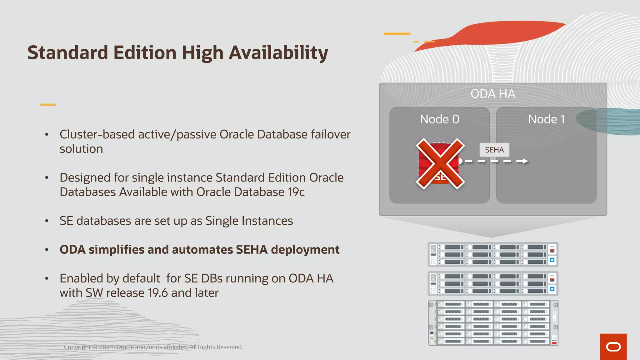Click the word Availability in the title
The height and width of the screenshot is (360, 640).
tap(278, 53)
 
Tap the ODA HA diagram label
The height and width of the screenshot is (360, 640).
tap(493, 94)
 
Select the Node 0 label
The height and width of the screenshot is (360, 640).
tap(439, 119)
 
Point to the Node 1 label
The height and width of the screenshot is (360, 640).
tap(546, 119)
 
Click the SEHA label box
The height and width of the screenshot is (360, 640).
tap(494, 150)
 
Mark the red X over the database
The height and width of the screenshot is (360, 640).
tap(440, 163)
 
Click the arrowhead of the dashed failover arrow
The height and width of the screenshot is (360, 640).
tap(525, 161)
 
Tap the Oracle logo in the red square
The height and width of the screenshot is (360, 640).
tap(613, 347)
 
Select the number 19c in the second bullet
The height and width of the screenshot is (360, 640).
tap(296, 192)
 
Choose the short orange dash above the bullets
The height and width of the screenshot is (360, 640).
tap(48, 105)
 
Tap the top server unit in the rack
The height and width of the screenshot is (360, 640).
tap(493, 254)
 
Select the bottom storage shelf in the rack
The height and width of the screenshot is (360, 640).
tap(493, 323)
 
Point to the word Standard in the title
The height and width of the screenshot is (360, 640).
tap(68, 53)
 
